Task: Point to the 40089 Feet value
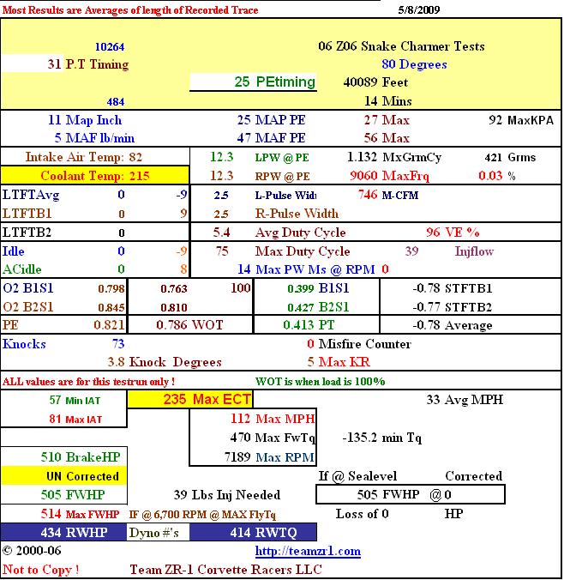(x=375, y=82)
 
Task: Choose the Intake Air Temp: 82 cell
(x=83, y=157)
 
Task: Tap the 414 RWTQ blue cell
(x=254, y=532)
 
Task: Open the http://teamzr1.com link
(x=308, y=551)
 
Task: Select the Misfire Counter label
(x=365, y=344)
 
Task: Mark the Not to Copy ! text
(x=41, y=569)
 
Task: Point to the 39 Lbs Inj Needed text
(x=226, y=495)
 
